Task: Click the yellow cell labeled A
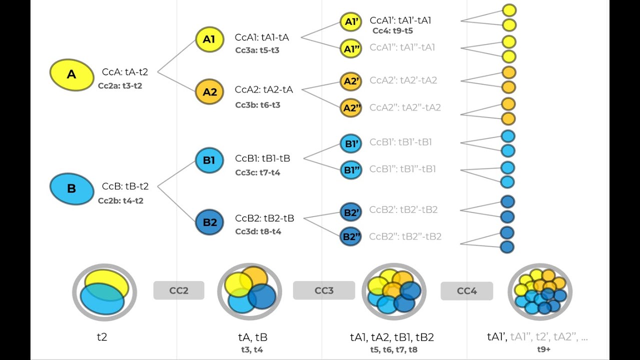pyautogui.click(x=71, y=74)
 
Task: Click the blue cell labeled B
pyautogui.click(x=71, y=188)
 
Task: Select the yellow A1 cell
pyautogui.click(x=209, y=39)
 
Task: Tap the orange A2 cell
pyautogui.click(x=209, y=92)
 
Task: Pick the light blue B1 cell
pyautogui.click(x=209, y=160)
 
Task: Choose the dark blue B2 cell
pyautogui.click(x=209, y=222)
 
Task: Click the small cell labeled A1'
pyautogui.click(x=350, y=21)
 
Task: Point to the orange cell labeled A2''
pyautogui.click(x=351, y=108)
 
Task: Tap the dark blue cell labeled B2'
pyautogui.click(x=350, y=212)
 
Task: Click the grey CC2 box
pyautogui.click(x=178, y=290)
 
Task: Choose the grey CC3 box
pyautogui.click(x=323, y=290)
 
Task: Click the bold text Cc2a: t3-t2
pyautogui.click(x=120, y=86)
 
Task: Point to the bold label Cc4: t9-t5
pyautogui.click(x=392, y=31)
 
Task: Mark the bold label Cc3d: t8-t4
pyautogui.click(x=258, y=232)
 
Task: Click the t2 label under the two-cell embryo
pyautogui.click(x=102, y=337)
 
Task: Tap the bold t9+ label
pyautogui.click(x=537, y=349)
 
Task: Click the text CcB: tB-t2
pyautogui.click(x=125, y=186)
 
